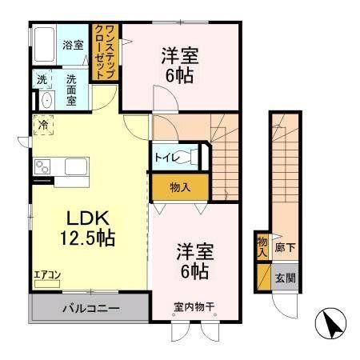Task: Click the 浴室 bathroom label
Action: [74, 45]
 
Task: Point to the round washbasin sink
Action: [44, 101]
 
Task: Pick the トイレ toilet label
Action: [166, 158]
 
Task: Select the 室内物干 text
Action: [194, 306]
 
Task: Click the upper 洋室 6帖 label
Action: [180, 66]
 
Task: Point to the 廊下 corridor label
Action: [285, 247]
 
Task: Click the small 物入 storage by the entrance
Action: [262, 246]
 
